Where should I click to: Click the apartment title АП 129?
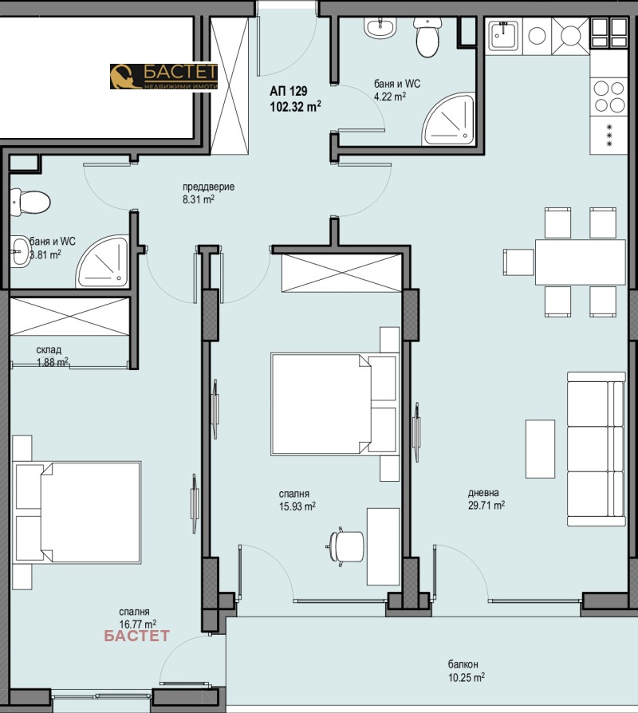point(289,91)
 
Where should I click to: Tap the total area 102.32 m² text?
point(296,107)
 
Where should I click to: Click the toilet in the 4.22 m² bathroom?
point(427,37)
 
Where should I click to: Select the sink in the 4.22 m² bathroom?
point(380,28)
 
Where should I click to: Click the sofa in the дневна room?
point(597,449)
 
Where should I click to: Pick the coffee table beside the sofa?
point(540,449)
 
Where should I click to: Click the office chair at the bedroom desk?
point(345,546)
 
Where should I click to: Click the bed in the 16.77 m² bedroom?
point(77,513)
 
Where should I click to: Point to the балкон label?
point(463,664)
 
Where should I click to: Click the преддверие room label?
point(209,187)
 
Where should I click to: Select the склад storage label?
point(49,349)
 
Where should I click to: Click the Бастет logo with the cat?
point(163,76)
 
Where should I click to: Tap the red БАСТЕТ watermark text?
point(137,636)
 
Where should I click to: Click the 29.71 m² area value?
point(486,505)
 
